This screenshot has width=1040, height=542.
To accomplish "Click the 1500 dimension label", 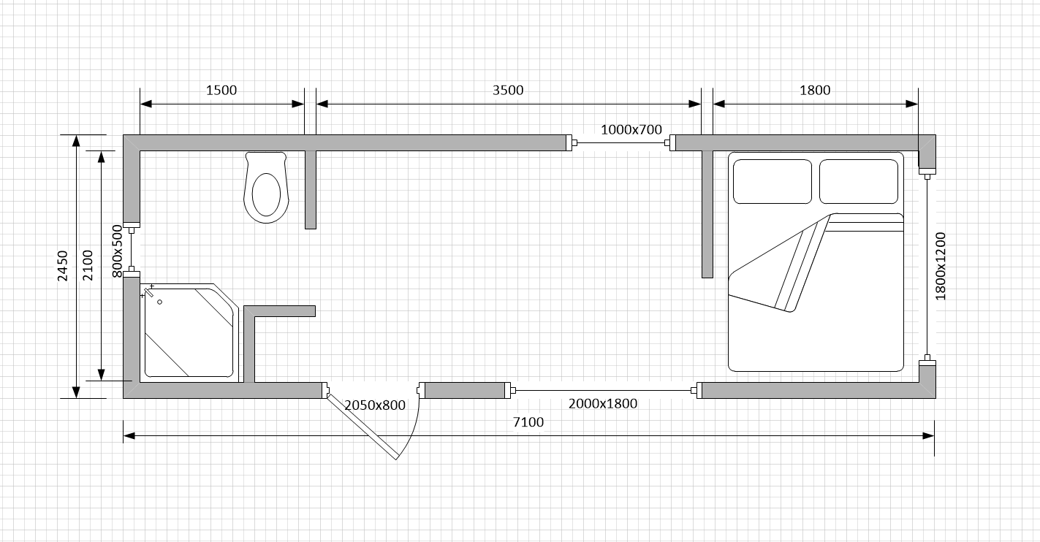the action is pos(221,90).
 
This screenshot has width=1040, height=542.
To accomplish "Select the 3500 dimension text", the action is pos(508,90).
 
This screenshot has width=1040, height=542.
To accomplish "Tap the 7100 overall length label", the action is pos(528,422).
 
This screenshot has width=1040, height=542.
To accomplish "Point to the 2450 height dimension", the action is pos(63,266).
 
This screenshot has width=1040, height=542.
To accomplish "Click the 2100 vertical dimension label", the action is pos(88,265).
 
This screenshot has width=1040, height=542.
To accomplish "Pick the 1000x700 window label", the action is pos(631,129).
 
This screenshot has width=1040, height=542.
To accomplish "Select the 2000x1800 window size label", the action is pos(603,404).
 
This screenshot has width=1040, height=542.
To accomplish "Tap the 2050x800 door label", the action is pos(375,405).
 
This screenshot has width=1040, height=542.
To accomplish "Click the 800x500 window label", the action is pos(118,251).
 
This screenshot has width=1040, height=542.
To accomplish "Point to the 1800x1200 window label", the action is pos(940,267).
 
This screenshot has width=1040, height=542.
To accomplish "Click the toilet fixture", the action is pos(266,188).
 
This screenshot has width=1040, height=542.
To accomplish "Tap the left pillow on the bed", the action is pos(772,181).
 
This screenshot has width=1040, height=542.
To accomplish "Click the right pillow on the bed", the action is pos(859,181).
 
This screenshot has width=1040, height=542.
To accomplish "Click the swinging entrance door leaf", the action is pos(363,427).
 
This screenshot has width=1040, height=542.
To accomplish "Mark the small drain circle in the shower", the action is pos(160,302).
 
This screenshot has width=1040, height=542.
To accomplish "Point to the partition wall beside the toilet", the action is pos(311,190).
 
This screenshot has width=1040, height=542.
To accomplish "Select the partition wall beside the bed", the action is pos(707,214).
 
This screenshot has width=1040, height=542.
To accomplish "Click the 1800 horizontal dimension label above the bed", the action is pos(815,90).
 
